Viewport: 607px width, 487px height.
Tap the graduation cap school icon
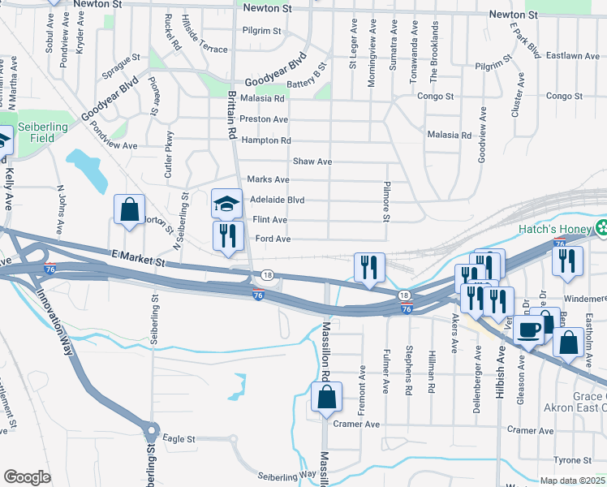(227, 204)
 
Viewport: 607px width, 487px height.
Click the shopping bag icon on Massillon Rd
(326, 398)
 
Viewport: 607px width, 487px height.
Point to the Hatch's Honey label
(555, 229)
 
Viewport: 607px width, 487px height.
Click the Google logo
(27, 477)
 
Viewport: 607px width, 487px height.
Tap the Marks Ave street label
(268, 179)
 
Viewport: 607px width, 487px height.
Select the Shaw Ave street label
(312, 162)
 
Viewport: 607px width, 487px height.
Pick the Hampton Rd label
(266, 140)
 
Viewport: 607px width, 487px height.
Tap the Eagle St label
(179, 438)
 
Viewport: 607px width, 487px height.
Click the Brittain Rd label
(231, 114)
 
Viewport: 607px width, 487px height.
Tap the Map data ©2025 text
(572, 481)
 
